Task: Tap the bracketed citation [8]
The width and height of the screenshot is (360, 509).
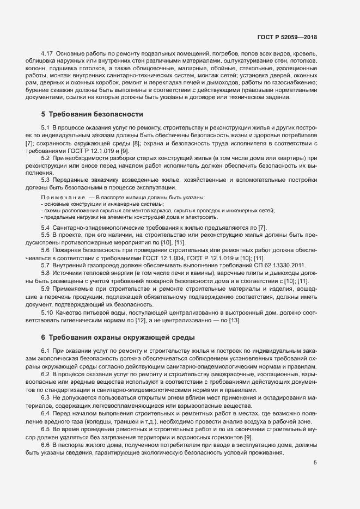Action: pyautogui.click(x=133, y=142)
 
